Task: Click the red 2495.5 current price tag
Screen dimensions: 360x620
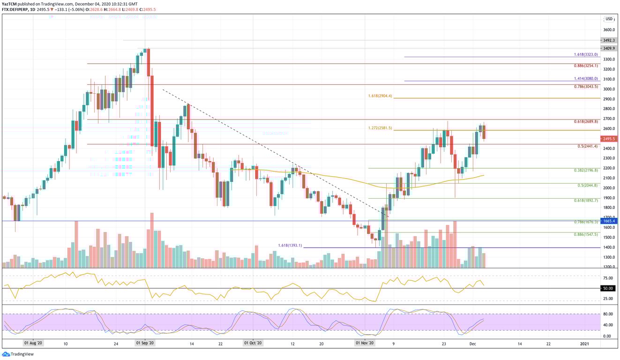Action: pos(609,139)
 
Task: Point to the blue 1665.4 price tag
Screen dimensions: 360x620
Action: pos(609,221)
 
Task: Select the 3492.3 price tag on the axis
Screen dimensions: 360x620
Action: pos(609,40)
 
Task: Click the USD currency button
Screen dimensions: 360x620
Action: pos(609,19)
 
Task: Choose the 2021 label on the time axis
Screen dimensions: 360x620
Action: pos(584,344)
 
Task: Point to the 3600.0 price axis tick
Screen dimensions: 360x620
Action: pos(610,30)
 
